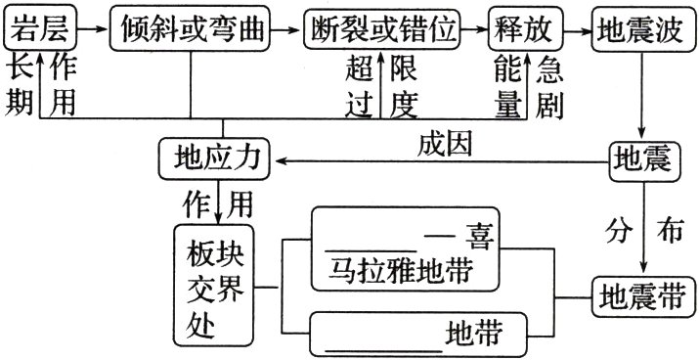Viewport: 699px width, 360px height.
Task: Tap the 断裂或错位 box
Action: pos(381,30)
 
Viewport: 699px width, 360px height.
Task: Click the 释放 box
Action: pos(528,30)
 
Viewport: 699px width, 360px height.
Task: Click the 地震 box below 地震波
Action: pos(641,158)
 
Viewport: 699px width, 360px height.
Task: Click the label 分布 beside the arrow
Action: pos(642,231)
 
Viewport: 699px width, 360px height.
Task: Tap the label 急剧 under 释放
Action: pos(549,86)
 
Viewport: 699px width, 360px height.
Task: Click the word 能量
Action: pos(507,86)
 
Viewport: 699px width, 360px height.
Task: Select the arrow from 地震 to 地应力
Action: pos(440,160)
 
